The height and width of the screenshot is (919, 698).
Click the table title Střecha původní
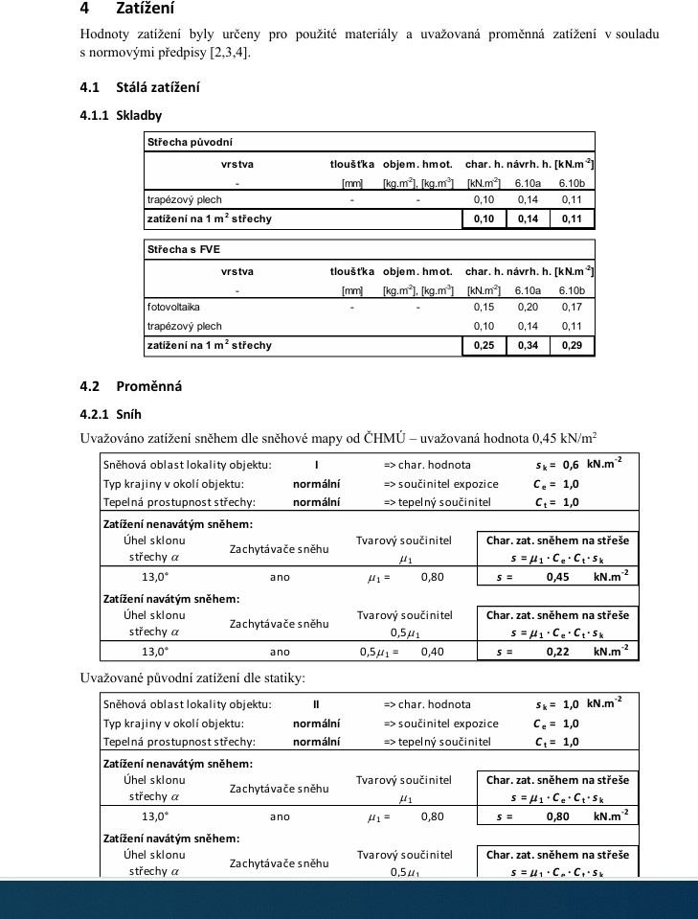click(x=181, y=142)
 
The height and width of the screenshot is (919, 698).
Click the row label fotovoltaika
click(x=168, y=308)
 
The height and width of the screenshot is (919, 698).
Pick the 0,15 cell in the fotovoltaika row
click(x=484, y=308)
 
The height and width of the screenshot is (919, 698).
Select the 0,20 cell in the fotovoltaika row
click(x=528, y=308)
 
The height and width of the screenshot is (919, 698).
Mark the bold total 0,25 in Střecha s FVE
click(x=484, y=345)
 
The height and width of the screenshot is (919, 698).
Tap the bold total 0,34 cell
click(x=528, y=345)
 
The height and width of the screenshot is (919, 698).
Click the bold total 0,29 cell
click(x=572, y=345)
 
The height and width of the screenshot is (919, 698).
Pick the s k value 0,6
click(x=572, y=465)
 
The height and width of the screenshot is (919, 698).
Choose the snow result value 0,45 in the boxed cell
click(x=558, y=577)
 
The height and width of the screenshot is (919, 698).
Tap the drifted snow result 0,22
click(x=558, y=652)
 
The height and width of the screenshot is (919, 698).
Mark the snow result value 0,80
click(x=558, y=816)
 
